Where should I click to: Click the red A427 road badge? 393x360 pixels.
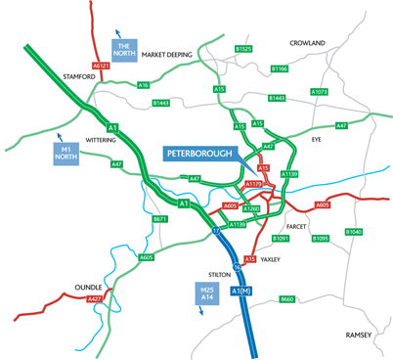(x=94, y=297)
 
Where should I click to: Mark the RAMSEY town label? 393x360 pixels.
(x=359, y=335)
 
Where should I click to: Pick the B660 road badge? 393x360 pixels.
(x=286, y=298)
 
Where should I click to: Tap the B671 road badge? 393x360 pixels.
(x=162, y=219)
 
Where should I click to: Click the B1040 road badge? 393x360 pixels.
(x=353, y=231)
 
